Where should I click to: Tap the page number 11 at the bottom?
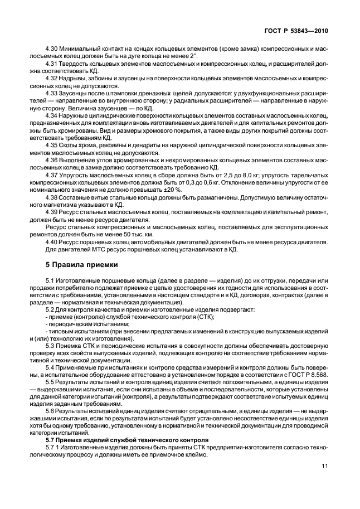325,466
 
